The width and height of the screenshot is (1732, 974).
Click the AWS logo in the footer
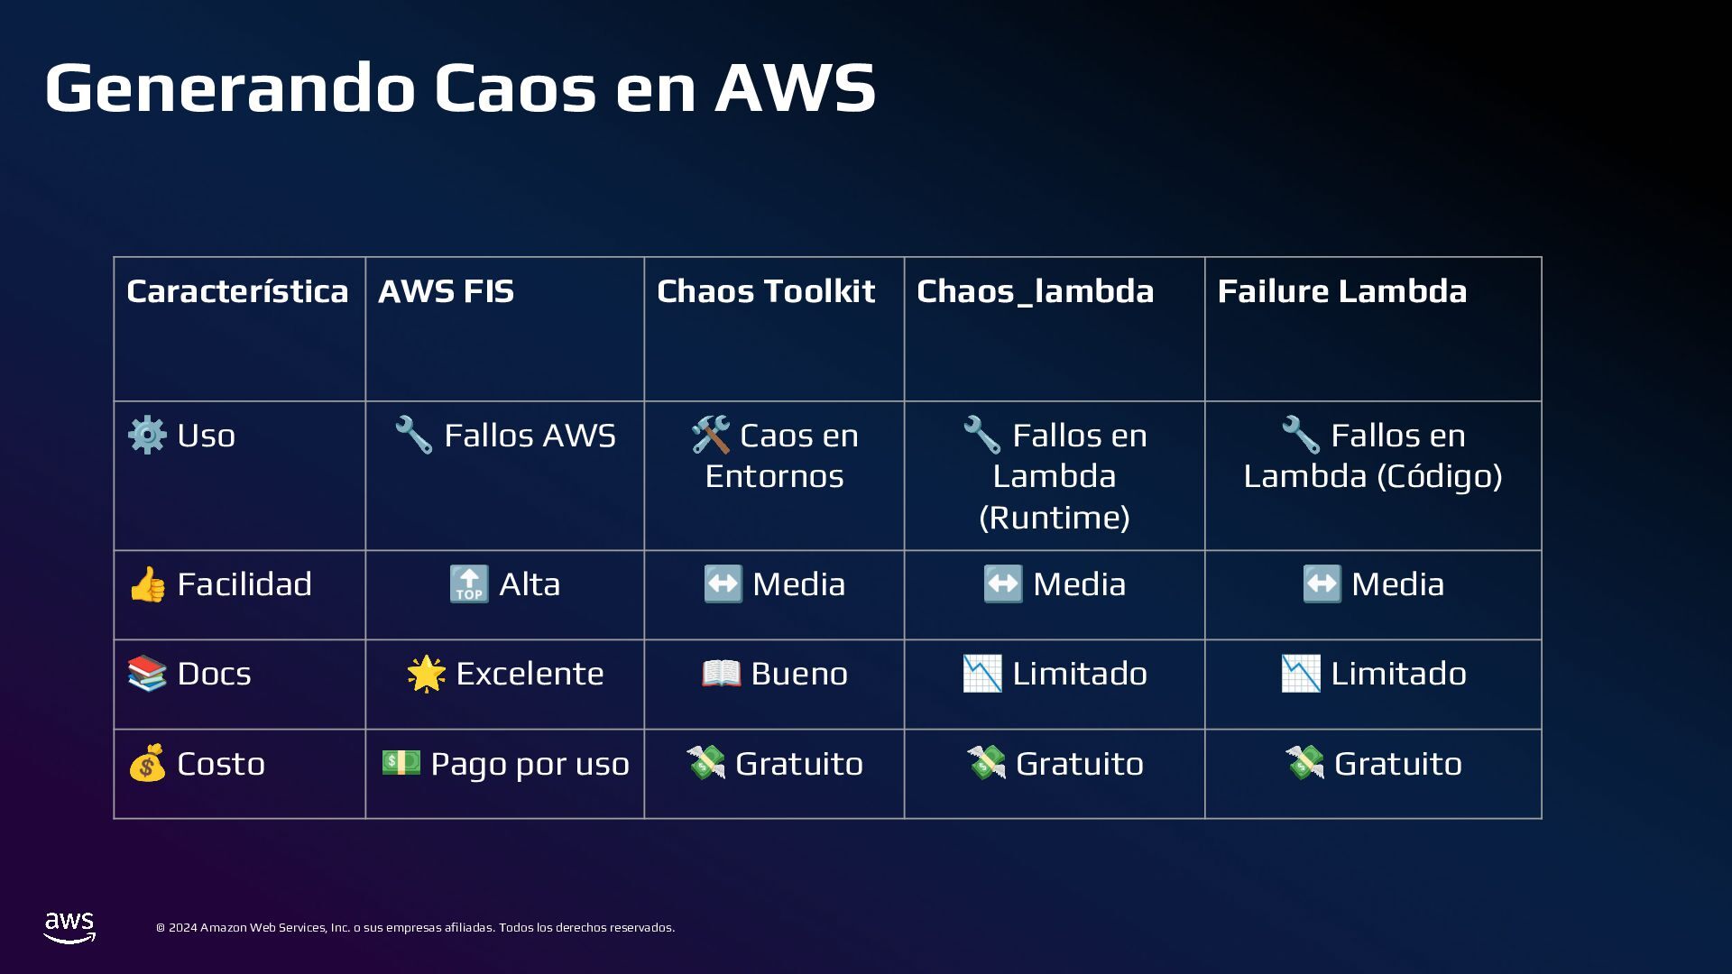(x=69, y=927)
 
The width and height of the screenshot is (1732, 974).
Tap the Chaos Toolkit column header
(x=765, y=291)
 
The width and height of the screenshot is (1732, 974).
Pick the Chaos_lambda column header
(x=1035, y=291)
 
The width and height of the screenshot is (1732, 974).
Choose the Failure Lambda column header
(x=1341, y=291)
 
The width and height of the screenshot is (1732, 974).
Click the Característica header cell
(x=237, y=291)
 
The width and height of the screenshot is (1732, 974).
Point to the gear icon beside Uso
(x=147, y=436)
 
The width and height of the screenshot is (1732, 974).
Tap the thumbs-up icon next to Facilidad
(x=147, y=584)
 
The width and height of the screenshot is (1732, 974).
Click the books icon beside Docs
(x=147, y=674)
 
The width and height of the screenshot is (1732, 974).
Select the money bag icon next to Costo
(x=147, y=764)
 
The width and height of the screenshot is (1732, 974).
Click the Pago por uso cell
(x=505, y=764)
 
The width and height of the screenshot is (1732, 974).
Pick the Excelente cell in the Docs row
(x=505, y=674)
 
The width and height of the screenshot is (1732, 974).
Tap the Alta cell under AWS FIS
(x=505, y=584)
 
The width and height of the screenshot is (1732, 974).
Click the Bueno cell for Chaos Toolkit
(x=774, y=674)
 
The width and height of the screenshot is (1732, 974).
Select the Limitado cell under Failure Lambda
(x=1373, y=674)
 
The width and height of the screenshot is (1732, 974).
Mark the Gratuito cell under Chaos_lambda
(x=1055, y=764)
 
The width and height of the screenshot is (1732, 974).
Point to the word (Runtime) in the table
(x=1055, y=518)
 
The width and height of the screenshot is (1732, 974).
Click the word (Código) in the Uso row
(x=1438, y=476)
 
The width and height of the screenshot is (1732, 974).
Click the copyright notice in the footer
(x=415, y=927)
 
